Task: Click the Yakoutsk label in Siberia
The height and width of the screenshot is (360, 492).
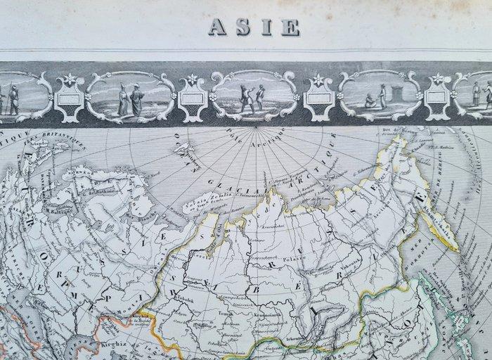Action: tap(349, 259)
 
